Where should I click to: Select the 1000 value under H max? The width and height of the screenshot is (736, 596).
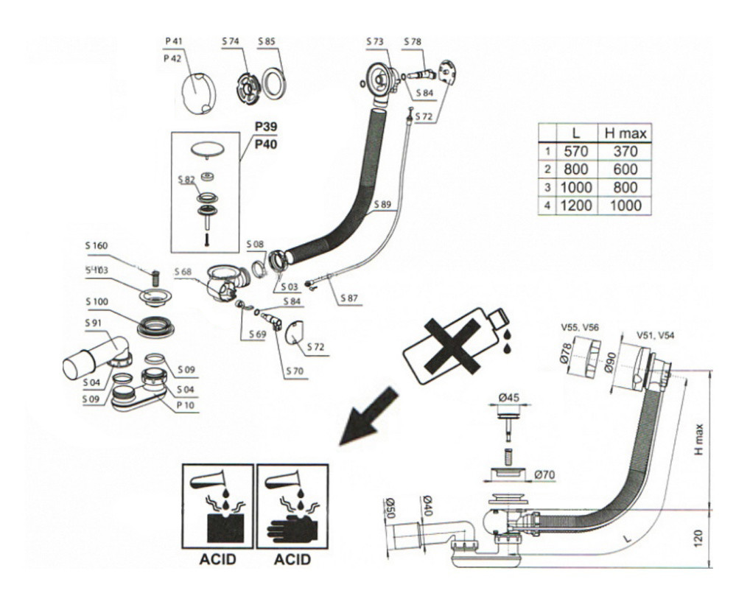pos(625,206)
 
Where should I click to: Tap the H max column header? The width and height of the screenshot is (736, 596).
pos(625,134)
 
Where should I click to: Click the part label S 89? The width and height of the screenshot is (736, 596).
pos(382,204)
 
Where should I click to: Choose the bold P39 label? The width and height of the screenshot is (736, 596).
pos(266,126)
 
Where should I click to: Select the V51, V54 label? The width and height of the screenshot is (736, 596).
pos(655,335)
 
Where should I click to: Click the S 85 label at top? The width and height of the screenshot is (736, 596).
pos(267,43)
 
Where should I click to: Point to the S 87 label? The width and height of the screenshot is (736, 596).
pos(351,298)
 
